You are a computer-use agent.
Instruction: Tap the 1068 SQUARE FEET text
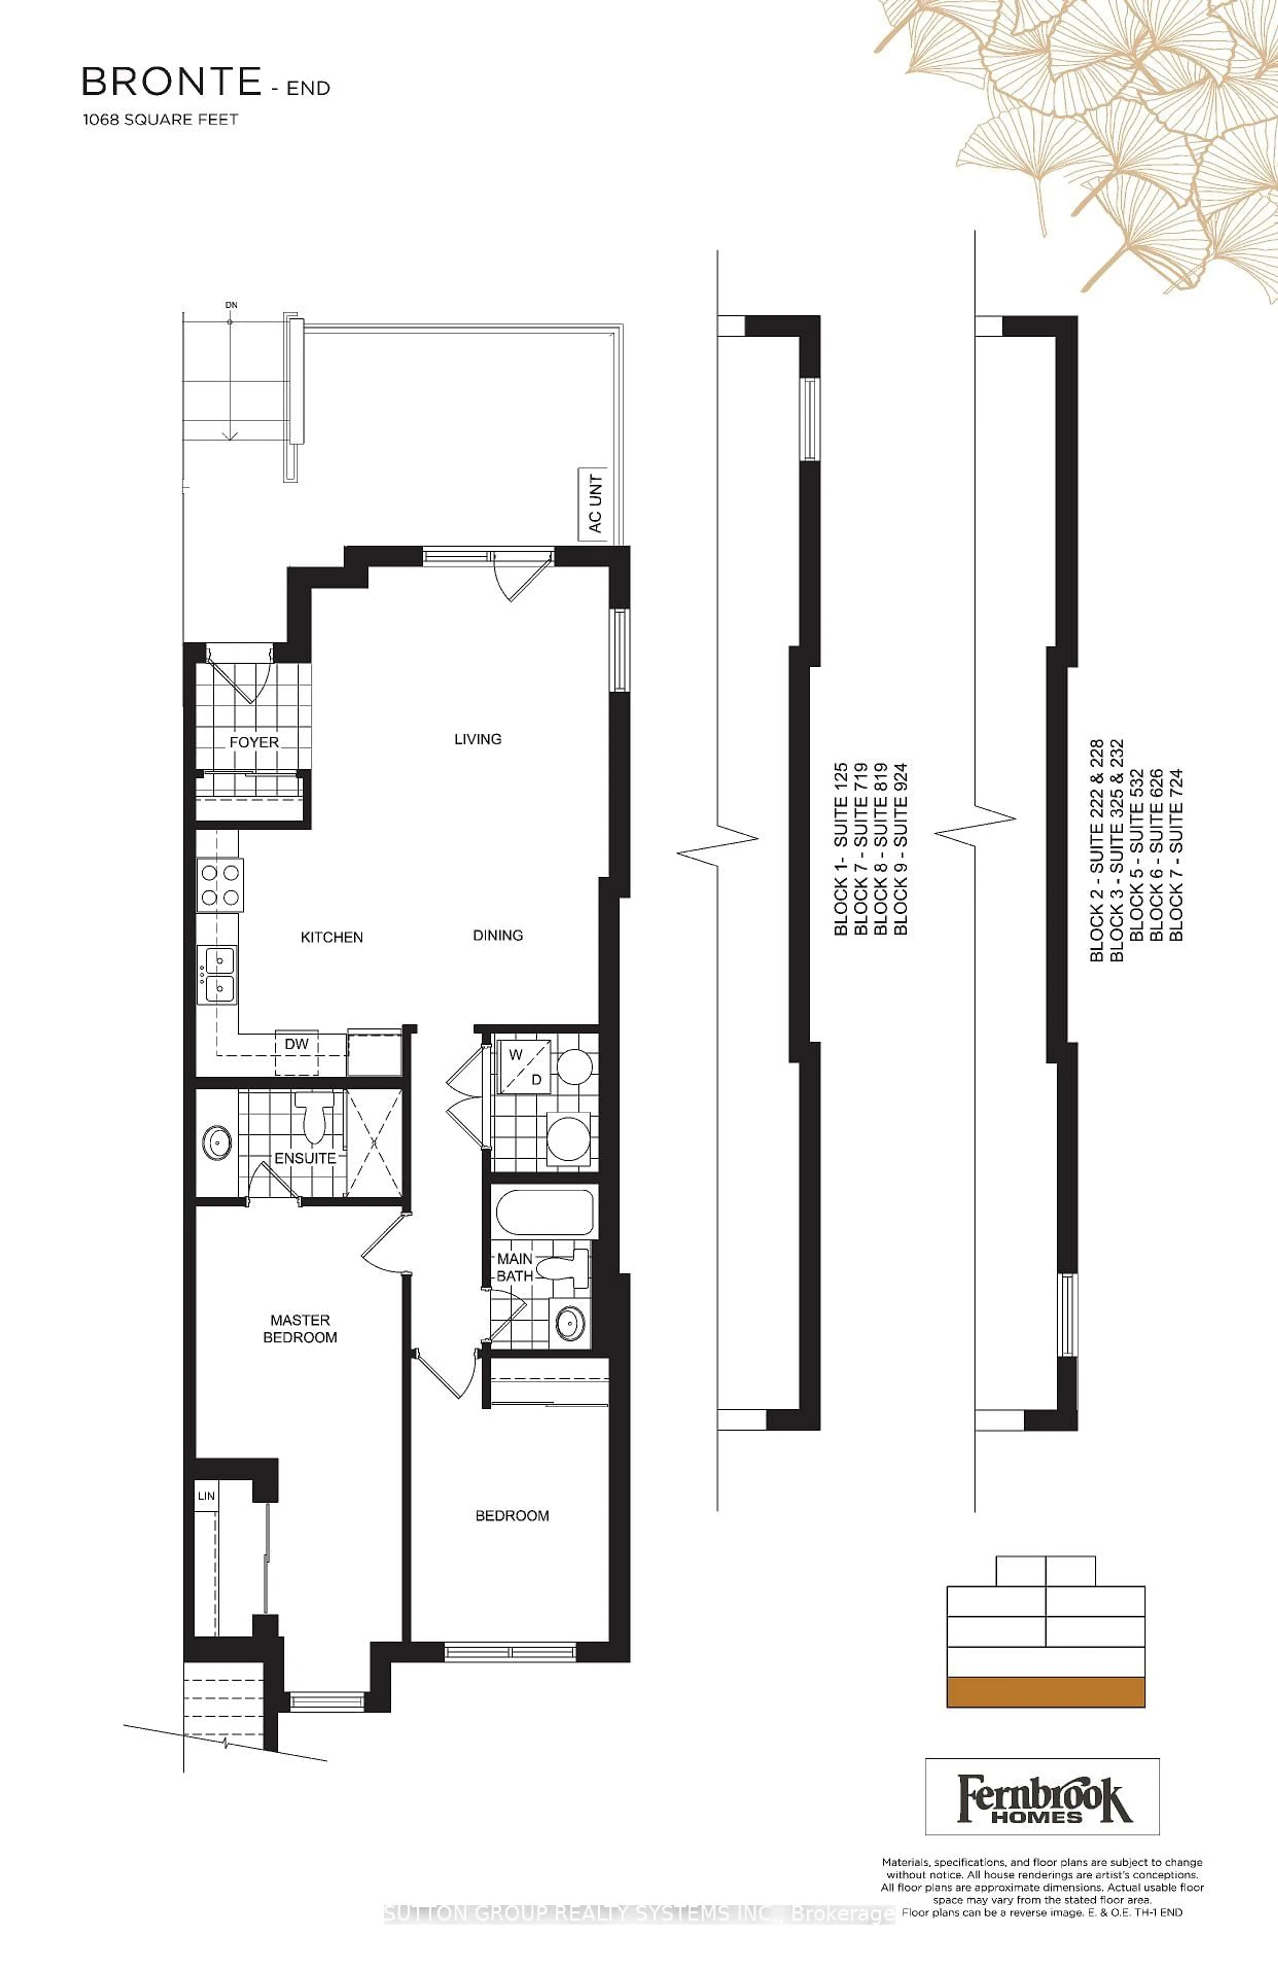coord(160,120)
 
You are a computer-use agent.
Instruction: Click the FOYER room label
coord(254,742)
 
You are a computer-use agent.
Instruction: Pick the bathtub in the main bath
coord(544,1212)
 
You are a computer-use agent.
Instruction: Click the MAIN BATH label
coord(515,1267)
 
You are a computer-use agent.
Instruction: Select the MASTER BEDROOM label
coord(300,1328)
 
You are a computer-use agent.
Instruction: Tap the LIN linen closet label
coord(207,1496)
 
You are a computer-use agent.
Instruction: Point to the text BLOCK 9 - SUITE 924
coord(900,849)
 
